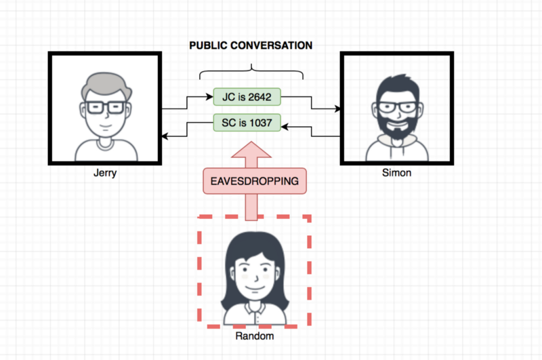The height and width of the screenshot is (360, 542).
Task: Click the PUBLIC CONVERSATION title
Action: pos(251,45)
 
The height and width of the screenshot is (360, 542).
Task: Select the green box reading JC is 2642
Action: pos(247,97)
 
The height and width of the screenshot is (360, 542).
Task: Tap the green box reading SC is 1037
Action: pos(247,123)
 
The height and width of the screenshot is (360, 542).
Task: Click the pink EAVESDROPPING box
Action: pos(255,181)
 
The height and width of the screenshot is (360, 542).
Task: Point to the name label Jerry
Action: pos(105,173)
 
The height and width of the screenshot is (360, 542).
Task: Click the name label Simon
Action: pos(396,173)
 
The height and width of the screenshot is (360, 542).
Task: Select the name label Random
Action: pos(255,336)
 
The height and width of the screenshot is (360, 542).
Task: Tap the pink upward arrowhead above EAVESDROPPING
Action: pos(251,150)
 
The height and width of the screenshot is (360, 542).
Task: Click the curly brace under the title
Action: pos(251,72)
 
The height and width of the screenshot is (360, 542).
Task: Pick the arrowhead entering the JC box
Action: pos(209,97)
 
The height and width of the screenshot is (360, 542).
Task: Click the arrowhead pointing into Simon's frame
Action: pos(337,109)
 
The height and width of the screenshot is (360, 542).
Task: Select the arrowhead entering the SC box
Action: pos(285,127)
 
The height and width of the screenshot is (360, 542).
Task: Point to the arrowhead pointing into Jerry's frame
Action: pos(165,136)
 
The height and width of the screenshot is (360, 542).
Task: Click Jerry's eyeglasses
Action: pos(105,108)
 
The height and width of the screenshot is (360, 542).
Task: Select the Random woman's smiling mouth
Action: pos(255,288)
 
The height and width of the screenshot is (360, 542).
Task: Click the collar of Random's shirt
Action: pos(255,310)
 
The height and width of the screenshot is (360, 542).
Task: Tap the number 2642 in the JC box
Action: pos(259,97)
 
